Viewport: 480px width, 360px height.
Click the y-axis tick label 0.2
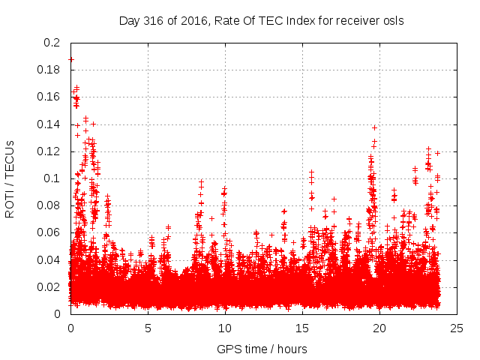tap(52, 43)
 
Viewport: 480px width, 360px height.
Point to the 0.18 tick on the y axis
tap(49, 70)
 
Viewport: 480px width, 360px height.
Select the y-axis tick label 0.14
tap(49, 124)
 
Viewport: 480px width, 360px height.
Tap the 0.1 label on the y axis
tap(52, 178)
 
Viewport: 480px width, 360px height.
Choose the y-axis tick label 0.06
tap(49, 232)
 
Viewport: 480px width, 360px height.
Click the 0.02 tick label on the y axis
tap(49, 287)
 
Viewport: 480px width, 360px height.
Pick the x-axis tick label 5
tap(148, 328)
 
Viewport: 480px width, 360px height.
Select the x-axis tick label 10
tap(225, 328)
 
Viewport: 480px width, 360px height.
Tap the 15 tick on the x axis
tap(302, 328)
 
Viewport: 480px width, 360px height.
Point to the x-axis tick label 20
tap(379, 328)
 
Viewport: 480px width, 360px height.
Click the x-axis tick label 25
tap(457, 328)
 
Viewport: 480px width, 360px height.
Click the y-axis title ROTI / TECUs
tap(10, 178)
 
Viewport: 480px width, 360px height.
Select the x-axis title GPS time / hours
tap(262, 349)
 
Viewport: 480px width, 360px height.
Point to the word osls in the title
tap(392, 20)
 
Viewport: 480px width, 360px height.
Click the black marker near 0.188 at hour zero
tap(70, 59)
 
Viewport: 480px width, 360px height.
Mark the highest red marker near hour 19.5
tap(374, 127)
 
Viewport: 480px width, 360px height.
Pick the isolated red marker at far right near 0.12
tap(437, 153)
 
